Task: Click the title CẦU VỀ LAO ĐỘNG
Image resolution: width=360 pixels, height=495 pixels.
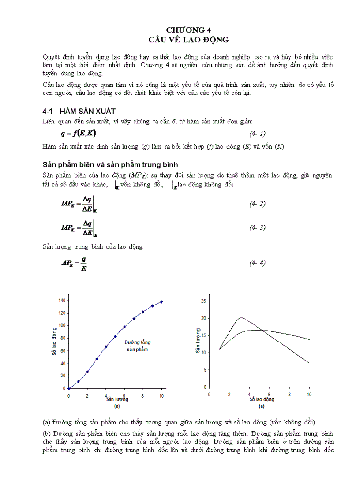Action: [x=188, y=40]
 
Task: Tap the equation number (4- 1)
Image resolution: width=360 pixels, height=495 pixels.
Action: [x=257, y=134]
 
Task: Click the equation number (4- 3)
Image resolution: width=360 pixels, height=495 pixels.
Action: [x=257, y=227]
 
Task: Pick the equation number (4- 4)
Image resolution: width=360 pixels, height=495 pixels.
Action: [x=257, y=263]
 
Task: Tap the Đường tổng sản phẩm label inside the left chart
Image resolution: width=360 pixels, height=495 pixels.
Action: [x=136, y=346]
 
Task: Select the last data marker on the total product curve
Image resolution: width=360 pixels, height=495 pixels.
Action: [x=161, y=302]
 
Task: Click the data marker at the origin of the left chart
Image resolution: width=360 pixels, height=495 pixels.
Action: [x=68, y=388]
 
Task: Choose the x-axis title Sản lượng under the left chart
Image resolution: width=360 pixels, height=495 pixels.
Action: [x=117, y=400]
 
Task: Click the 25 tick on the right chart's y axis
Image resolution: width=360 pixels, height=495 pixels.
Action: [x=203, y=301]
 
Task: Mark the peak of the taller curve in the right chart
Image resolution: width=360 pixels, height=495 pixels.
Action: [x=241, y=317]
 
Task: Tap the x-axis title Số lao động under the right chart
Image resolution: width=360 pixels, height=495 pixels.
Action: [x=262, y=400]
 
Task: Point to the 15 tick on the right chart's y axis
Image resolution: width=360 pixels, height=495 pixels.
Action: [x=203, y=335]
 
